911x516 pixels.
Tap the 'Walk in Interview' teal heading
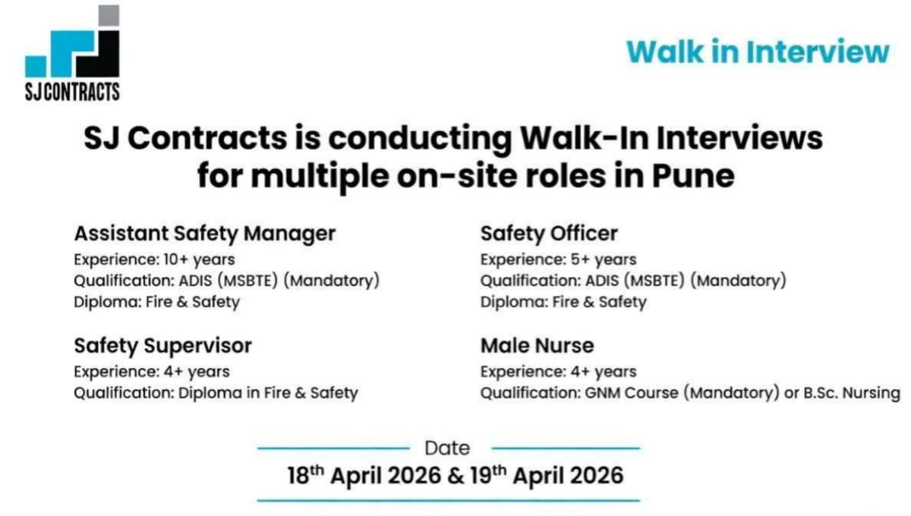click(x=757, y=52)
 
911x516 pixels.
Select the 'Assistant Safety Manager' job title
click(x=204, y=233)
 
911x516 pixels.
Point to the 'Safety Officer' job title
click(x=549, y=233)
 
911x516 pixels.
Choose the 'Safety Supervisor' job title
click(x=162, y=346)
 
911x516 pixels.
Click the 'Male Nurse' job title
click(x=537, y=346)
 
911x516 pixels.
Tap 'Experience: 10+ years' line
click(x=154, y=260)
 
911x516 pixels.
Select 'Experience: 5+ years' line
click(x=558, y=260)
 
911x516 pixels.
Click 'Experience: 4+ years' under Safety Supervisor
click(x=151, y=372)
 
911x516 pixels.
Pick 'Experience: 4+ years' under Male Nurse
click(x=558, y=372)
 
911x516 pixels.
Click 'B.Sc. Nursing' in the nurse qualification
click(x=852, y=393)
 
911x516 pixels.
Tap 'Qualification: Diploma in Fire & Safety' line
click(x=216, y=393)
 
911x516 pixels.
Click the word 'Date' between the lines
click(x=447, y=448)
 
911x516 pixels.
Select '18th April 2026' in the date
click(x=364, y=476)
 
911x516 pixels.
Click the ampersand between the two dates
click(x=455, y=476)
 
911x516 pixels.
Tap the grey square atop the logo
click(x=109, y=16)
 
